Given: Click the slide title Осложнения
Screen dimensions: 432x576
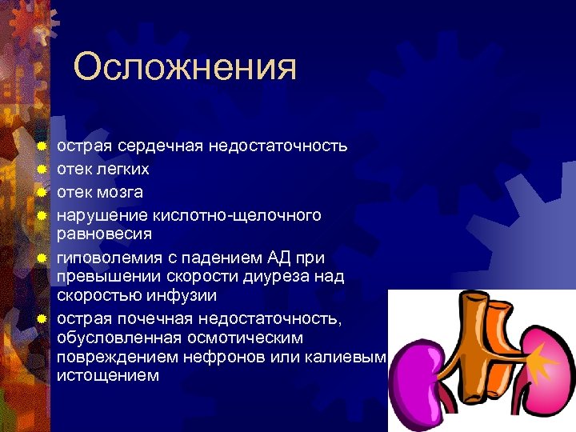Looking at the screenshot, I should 185,69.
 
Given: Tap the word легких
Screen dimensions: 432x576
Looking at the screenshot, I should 121,170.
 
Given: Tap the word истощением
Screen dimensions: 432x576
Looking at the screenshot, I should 109,376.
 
